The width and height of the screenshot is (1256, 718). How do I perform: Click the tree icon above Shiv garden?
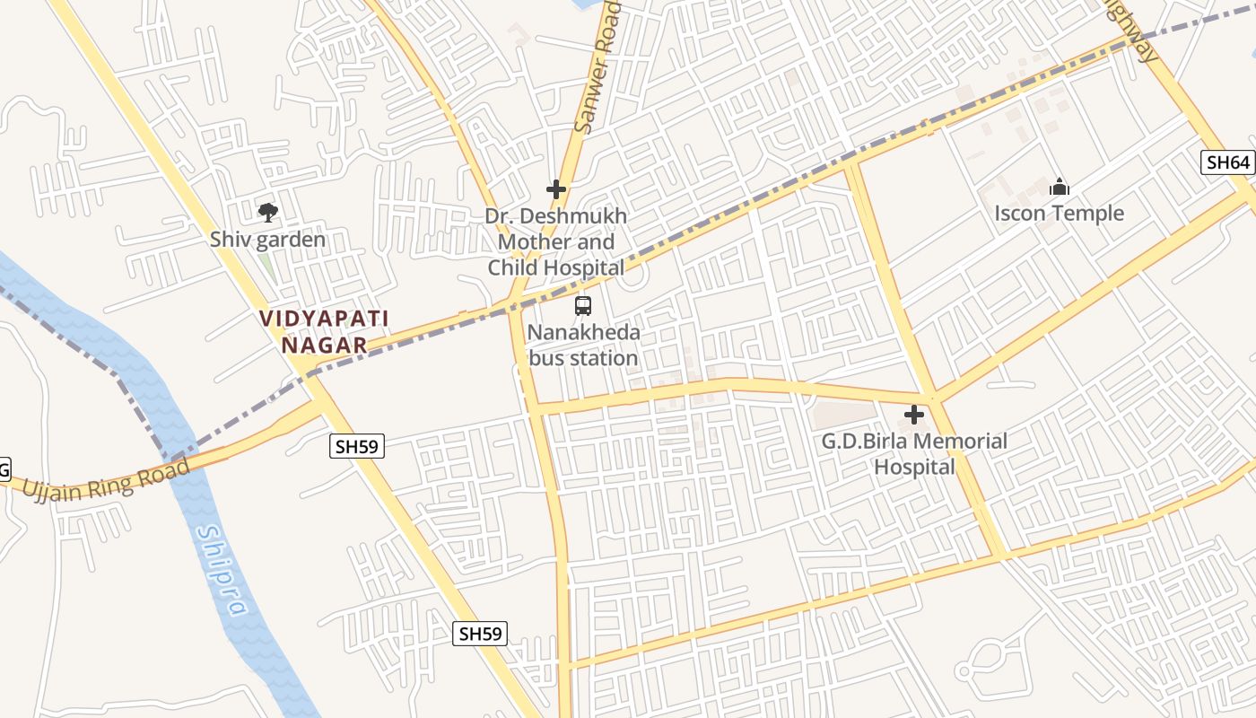267,213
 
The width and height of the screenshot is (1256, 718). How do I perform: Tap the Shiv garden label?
267,240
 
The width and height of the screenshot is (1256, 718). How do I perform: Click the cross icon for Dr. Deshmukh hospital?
556,189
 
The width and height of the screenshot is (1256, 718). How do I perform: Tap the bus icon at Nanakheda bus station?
583,306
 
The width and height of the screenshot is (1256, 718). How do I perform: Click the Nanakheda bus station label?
583,346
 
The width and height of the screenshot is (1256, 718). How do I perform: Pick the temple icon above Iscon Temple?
1060,188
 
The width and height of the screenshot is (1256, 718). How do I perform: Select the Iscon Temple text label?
1059,213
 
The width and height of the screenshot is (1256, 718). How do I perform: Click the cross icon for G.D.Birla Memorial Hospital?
914,415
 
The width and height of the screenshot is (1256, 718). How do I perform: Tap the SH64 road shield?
1228,162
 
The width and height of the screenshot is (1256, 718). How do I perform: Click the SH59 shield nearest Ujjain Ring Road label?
357,446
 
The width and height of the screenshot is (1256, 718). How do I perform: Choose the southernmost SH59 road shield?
480,634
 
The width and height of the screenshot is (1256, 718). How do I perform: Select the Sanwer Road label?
597,67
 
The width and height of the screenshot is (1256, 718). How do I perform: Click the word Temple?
1090,213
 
